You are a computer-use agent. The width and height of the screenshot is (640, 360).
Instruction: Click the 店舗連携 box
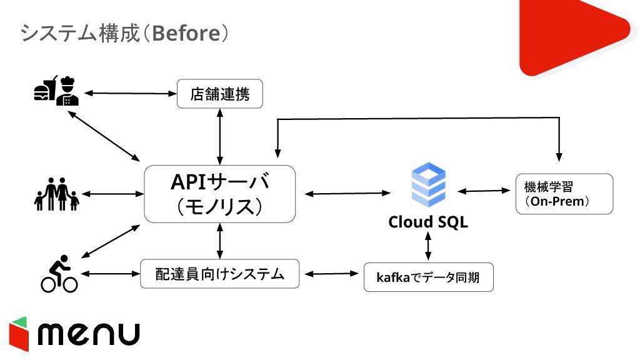coord(219,94)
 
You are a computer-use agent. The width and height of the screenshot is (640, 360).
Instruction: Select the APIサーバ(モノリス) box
coord(219,194)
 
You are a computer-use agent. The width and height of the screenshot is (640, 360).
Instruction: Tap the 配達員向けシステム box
coord(219,274)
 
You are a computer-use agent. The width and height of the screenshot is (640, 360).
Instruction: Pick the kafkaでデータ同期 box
coord(428,277)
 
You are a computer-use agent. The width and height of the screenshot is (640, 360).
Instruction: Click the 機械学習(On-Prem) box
coord(564,194)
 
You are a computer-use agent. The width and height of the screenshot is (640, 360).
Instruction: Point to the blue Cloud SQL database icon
coord(428,184)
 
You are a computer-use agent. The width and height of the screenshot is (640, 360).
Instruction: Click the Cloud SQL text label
coord(427,222)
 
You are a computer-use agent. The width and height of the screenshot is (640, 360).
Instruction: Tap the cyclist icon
coord(59,274)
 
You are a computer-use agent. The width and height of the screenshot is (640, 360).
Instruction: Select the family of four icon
coord(56,194)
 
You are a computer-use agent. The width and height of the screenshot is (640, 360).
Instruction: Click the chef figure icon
coord(67,91)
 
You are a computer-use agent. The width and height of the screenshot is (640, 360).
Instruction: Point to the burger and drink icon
coord(45,88)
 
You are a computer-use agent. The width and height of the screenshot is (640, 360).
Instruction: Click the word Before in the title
coord(186,33)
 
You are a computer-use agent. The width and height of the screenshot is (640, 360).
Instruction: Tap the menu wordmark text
coord(89,334)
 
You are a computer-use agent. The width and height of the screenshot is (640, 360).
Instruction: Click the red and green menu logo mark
coord(19,334)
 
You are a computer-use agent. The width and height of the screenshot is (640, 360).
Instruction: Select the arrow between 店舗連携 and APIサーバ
coord(220,137)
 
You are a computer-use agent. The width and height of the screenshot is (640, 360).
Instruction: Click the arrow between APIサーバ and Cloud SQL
coord(347,194)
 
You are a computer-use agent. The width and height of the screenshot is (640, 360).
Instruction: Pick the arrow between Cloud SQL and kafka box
coord(427,246)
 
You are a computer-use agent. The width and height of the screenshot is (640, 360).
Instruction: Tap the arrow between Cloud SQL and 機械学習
coord(484,191)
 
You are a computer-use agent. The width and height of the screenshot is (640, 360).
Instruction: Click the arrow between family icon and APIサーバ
coord(112,194)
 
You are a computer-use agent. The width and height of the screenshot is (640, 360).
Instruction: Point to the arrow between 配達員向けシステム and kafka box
coord(331,274)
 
